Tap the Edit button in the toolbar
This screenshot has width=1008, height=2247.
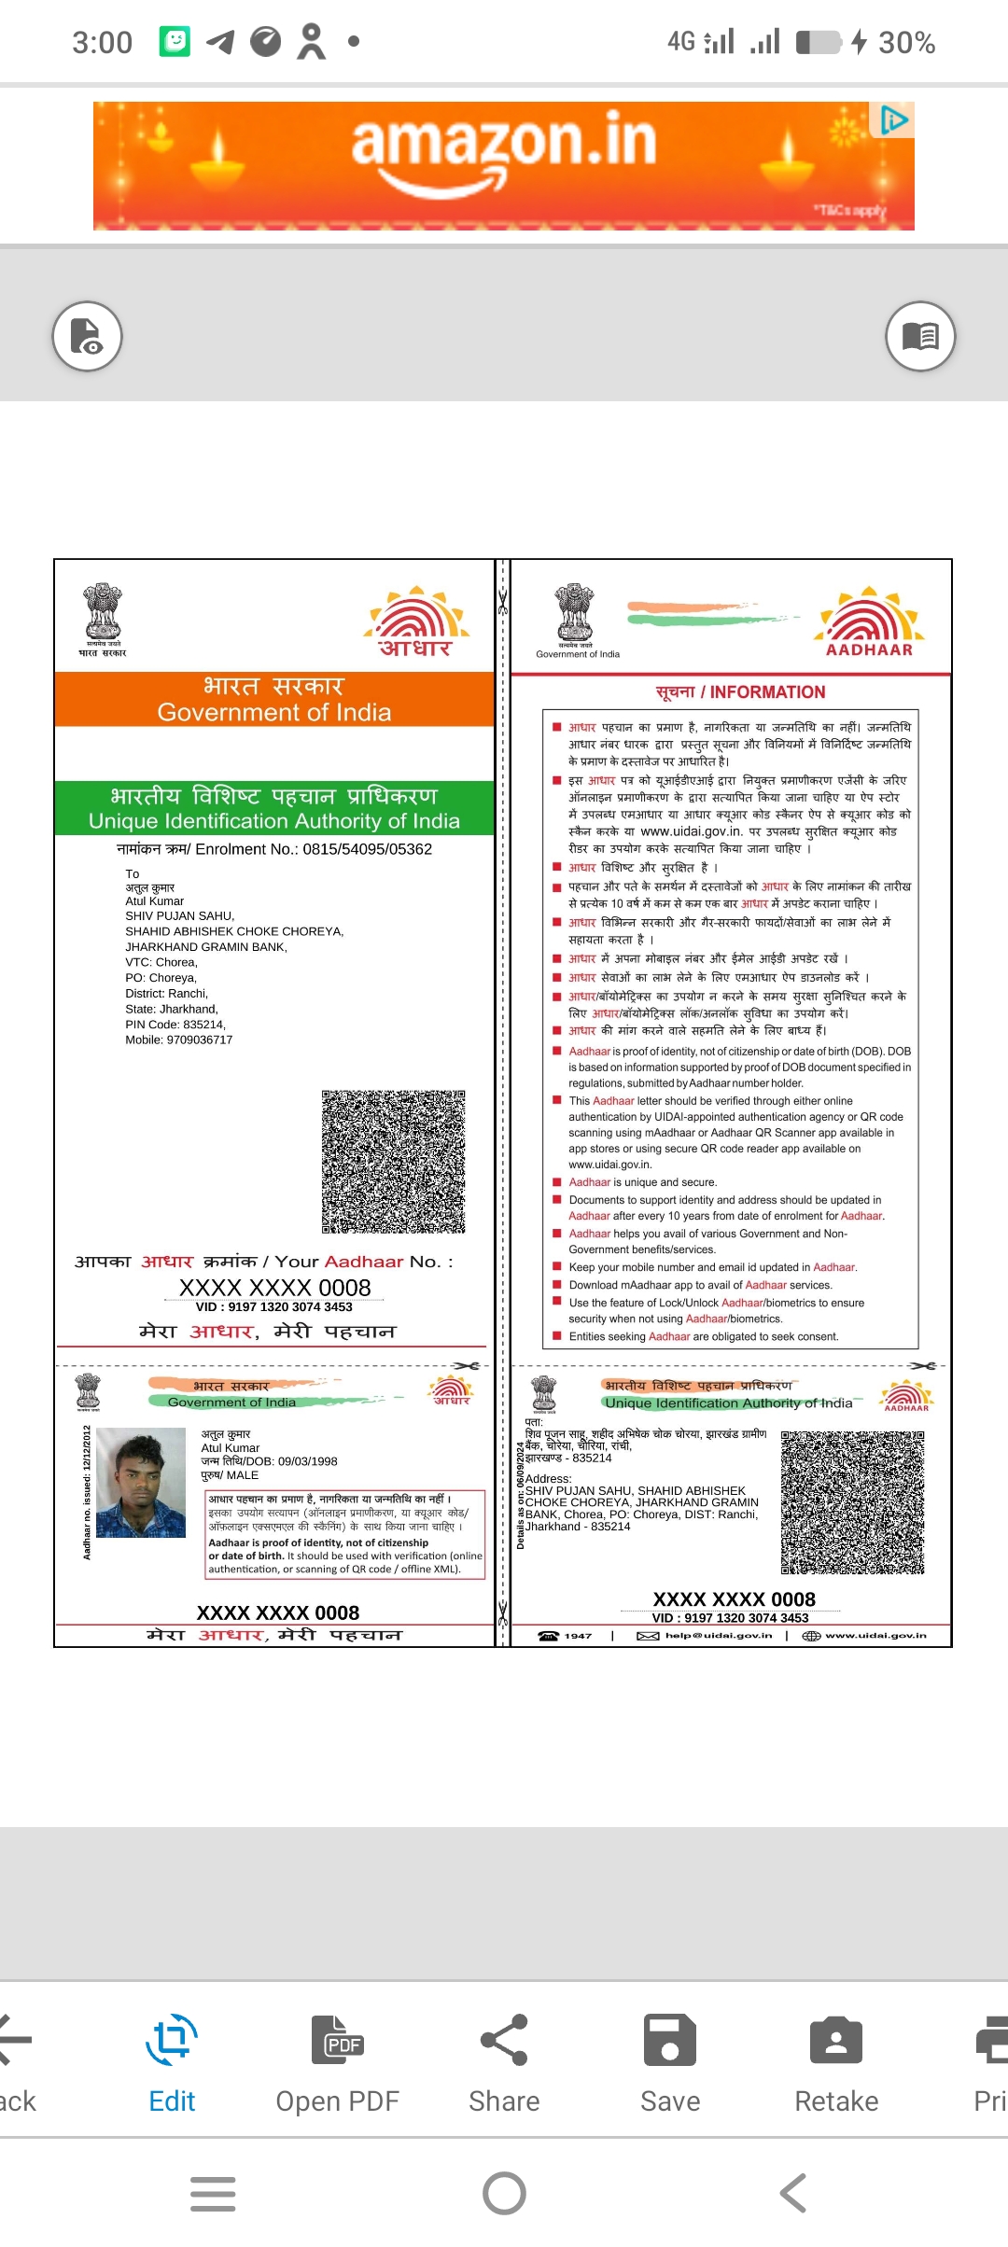click(x=172, y=2060)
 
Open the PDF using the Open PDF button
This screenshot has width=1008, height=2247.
click(x=337, y=2060)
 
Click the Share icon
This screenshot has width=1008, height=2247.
click(x=504, y=2060)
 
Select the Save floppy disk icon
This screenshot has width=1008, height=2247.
click(x=670, y=2060)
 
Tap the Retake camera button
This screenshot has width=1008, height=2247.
click(x=836, y=2060)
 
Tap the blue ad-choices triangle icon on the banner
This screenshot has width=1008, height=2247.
click(x=894, y=119)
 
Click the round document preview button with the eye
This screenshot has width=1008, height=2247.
click(x=88, y=336)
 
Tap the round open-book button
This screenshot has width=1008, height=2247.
click(x=920, y=336)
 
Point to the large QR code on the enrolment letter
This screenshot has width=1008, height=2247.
click(x=393, y=1161)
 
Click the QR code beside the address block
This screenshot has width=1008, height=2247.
click(x=852, y=1502)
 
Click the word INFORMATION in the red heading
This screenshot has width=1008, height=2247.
click(x=767, y=692)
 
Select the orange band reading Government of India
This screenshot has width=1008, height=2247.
click(x=273, y=700)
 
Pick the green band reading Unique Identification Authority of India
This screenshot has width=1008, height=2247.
click(x=273, y=808)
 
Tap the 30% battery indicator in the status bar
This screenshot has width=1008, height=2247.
click(x=905, y=42)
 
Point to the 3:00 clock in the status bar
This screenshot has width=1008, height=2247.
click(x=103, y=42)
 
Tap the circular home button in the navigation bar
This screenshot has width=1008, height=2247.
click(x=504, y=2193)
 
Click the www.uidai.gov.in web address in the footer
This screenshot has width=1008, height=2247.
click(x=875, y=1635)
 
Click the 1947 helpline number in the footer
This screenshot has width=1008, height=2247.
click(x=577, y=1635)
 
